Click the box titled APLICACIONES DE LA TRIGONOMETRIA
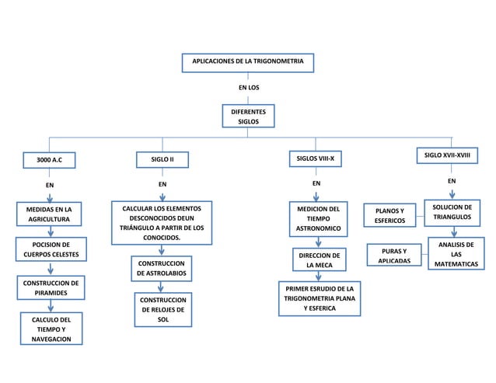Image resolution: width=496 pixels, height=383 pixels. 247,61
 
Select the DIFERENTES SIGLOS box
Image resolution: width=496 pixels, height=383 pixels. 249,117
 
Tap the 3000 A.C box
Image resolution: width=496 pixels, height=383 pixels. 50,161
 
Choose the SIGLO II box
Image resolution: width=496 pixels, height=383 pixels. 162,160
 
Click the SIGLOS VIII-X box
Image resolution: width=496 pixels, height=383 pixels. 316,160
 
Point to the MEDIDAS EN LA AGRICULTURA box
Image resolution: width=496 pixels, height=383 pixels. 50,214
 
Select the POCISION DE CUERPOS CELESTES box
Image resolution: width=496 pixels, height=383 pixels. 50,250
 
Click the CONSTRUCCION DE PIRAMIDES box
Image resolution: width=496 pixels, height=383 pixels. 50,288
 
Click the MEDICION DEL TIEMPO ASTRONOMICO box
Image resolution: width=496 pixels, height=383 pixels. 316,220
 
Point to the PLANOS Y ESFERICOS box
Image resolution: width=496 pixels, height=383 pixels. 389,216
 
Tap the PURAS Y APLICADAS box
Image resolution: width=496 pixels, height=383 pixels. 394,256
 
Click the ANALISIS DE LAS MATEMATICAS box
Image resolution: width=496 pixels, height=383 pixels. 456,255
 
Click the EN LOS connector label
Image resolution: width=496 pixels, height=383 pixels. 249,88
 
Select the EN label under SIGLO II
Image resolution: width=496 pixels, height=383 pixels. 162,185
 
